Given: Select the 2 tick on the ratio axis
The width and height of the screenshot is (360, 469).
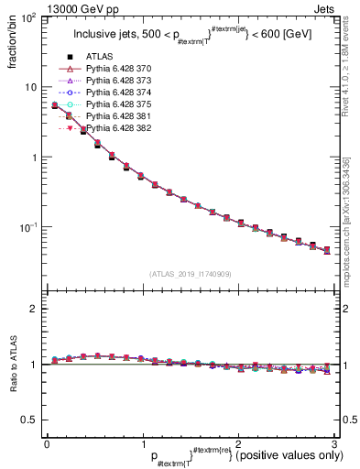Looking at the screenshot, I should [33, 309].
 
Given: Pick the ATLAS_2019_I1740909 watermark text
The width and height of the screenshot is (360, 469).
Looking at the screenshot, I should [189, 274].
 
